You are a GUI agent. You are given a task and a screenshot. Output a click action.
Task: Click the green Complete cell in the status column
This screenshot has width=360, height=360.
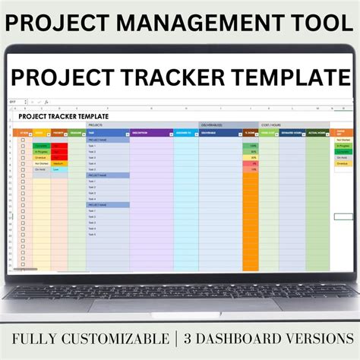(x=41, y=144)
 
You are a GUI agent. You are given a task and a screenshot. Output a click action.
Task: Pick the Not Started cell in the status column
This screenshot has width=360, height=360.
(x=41, y=161)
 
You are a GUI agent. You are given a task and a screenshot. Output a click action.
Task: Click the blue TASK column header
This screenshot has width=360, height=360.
(x=107, y=132)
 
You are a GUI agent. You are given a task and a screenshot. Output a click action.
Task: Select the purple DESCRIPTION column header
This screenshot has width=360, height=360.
(x=150, y=132)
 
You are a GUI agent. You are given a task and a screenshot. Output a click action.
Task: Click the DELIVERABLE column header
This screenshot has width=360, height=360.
(x=219, y=132)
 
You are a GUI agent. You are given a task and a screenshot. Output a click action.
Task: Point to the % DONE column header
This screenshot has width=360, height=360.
(x=250, y=132)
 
